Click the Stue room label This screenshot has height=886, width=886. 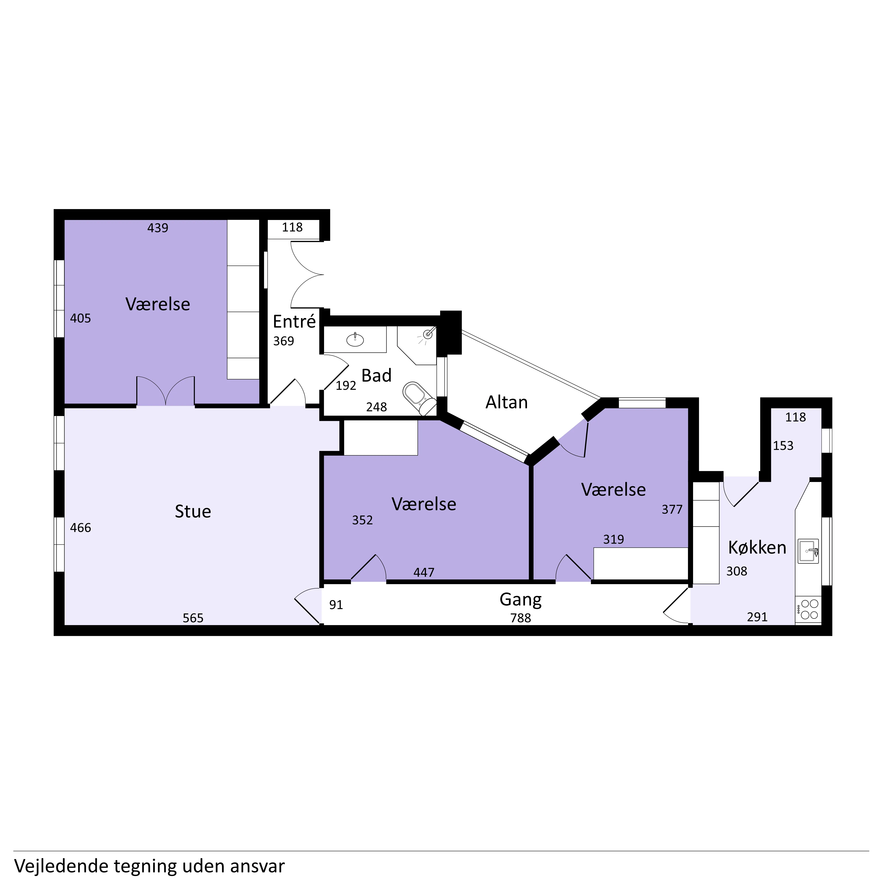click(x=193, y=511)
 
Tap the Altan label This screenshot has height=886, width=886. click(x=507, y=402)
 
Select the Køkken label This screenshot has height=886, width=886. click(x=757, y=548)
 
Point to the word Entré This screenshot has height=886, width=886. click(x=294, y=321)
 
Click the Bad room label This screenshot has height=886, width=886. click(x=377, y=376)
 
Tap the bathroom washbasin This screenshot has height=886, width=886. click(x=355, y=339)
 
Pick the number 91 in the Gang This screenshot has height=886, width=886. click(x=336, y=605)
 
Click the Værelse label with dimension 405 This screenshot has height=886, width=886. click(x=158, y=304)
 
